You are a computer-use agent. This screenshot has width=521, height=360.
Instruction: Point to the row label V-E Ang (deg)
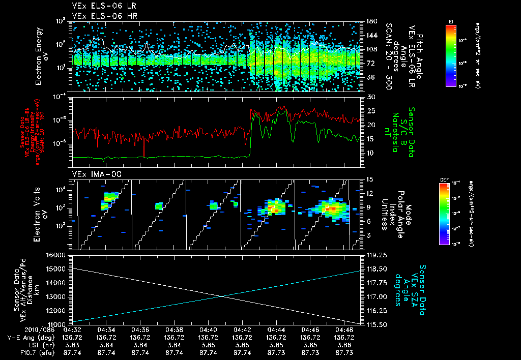click(x=32, y=337)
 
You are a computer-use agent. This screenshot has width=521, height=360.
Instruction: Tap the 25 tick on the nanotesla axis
click(x=370, y=111)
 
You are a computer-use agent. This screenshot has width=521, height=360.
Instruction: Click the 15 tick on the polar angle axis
click(x=370, y=179)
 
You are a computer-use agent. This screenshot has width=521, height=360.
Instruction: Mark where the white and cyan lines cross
click(x=222, y=296)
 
